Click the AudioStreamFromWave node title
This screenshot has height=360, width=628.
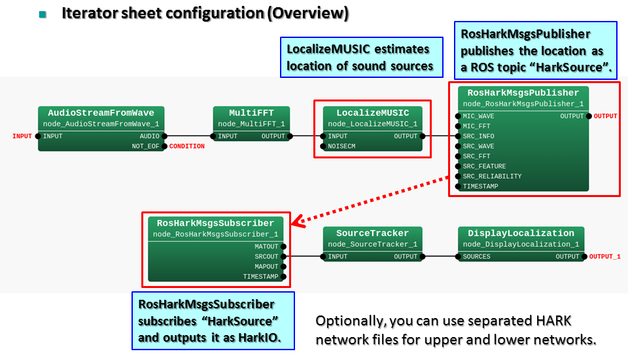tap(101, 113)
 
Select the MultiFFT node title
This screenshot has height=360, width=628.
tap(251, 113)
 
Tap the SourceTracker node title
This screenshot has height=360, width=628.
tap(372, 234)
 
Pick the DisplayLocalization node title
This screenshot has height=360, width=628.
tap(521, 234)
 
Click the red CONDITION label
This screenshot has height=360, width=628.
tap(186, 147)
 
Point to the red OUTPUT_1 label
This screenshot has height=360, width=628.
tap(604, 257)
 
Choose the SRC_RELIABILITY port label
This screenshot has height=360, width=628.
tap(492, 176)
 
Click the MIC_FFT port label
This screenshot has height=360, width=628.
tap(476, 126)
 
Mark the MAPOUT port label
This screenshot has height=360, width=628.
tap(266, 266)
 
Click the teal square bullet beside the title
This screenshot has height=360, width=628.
tap(43, 14)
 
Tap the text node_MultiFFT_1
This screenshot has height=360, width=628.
tap(251, 124)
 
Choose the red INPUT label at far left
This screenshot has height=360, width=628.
tap(22, 136)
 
